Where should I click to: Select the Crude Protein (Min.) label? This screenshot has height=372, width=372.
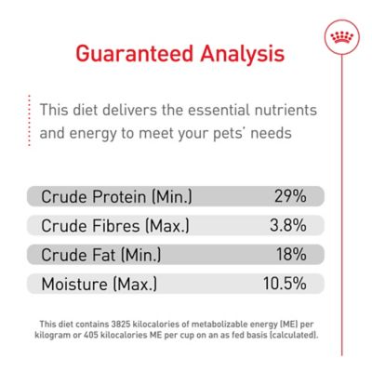pyautogui.click(x=117, y=196)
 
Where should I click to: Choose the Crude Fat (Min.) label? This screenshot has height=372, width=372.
pyautogui.click(x=100, y=254)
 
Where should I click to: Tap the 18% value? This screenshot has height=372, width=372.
pyautogui.click(x=291, y=254)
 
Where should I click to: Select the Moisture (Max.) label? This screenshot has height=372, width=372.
pyautogui.click(x=99, y=283)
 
